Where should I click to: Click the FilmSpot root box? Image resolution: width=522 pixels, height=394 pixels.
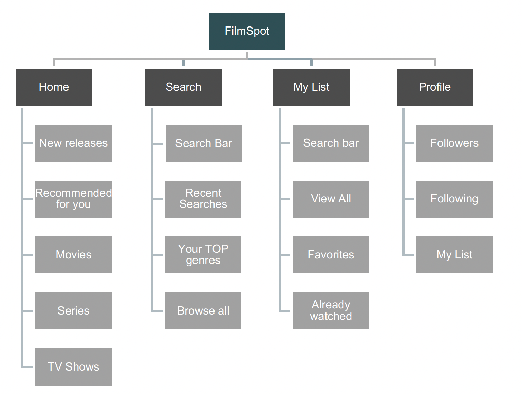coord(247,31)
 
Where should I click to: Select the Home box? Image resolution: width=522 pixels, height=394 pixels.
coord(54,87)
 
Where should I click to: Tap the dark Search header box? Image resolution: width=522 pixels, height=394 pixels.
coord(183,87)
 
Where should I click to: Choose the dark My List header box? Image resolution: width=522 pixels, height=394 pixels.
coord(311,87)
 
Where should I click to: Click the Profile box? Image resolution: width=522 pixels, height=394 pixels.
coord(435,87)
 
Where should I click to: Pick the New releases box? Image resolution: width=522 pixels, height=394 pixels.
coord(74,143)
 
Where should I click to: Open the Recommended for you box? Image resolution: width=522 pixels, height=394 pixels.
coord(74,199)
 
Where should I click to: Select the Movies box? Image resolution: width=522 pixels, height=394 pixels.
coord(74,255)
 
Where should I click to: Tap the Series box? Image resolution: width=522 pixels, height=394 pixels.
coord(74,311)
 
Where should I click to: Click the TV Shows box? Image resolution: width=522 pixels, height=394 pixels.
coord(74,367)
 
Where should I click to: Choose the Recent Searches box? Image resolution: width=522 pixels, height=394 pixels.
coord(203,199)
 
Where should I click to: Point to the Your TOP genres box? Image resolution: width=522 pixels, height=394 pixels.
coord(203,255)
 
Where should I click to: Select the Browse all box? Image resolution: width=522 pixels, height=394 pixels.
coord(203,311)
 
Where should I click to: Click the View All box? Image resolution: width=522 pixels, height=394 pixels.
coord(331,199)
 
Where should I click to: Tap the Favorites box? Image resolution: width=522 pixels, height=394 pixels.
coord(331,255)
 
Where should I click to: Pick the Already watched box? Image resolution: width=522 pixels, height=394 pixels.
coord(331,311)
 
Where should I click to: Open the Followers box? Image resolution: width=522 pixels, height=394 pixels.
coord(454,143)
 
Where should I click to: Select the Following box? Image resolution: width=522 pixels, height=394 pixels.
coord(454,199)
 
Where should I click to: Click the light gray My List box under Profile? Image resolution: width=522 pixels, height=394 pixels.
coord(454,255)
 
